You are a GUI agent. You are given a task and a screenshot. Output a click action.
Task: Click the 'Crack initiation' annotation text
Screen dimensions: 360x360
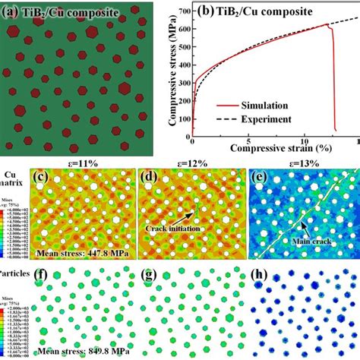point(177,226)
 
